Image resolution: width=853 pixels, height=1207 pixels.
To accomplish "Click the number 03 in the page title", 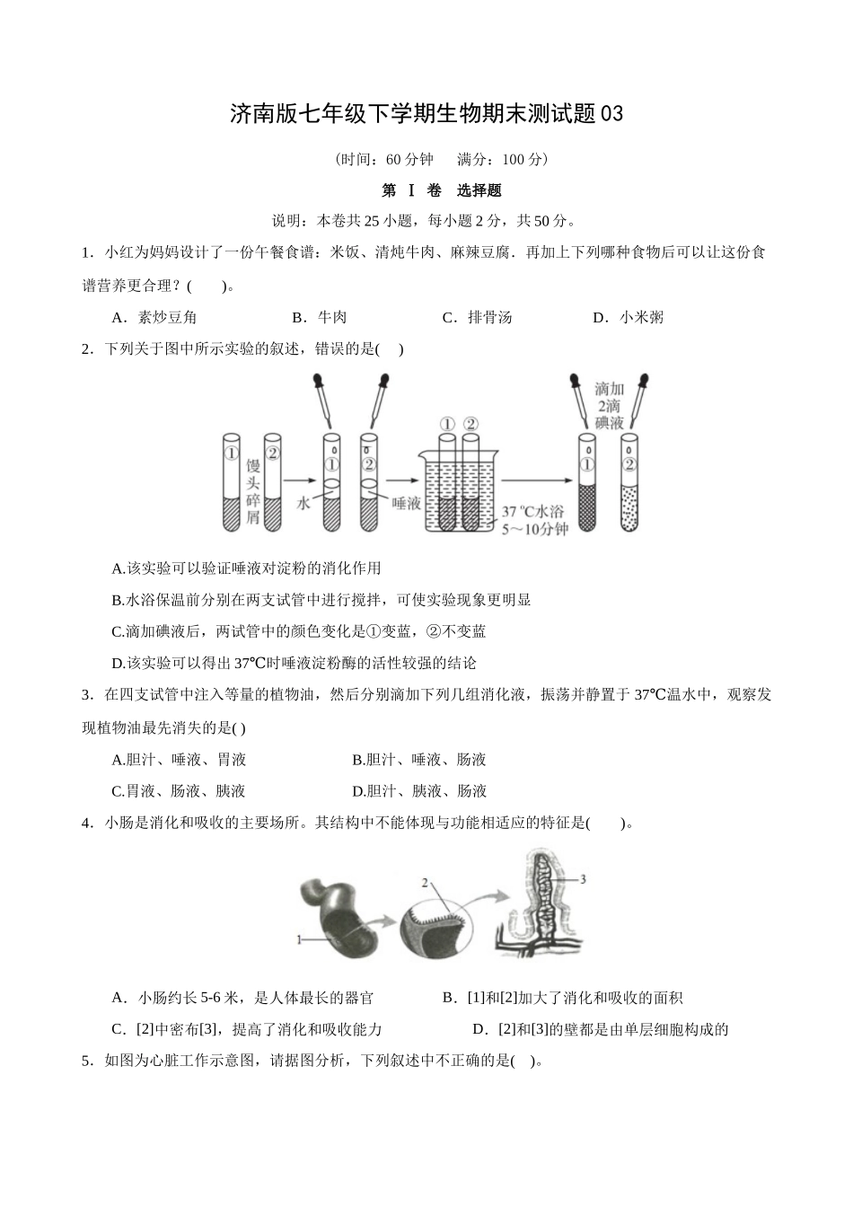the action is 611,114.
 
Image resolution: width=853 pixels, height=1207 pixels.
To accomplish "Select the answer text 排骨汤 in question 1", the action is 490,317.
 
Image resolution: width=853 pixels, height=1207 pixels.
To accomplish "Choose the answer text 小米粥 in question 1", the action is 641,317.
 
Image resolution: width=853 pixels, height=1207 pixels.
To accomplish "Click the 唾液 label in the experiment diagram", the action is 406,503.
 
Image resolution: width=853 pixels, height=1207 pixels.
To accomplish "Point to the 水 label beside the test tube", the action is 303,503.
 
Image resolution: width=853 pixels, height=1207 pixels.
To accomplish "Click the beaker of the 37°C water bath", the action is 458,489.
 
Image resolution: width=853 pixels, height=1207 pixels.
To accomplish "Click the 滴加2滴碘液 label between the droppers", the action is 609,406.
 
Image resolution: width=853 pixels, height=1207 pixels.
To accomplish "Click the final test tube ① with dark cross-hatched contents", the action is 587,482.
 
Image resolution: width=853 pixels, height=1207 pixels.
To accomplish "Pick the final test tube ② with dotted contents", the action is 629,482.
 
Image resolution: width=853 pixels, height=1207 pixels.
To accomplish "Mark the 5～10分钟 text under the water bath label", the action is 534,529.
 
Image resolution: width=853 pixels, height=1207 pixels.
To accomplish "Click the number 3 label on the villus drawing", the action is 583,879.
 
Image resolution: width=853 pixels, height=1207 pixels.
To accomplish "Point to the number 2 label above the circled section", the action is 425,883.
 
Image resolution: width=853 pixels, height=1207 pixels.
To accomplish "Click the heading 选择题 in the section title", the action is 479,190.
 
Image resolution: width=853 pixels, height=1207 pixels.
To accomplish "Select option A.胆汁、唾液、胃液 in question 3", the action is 179,760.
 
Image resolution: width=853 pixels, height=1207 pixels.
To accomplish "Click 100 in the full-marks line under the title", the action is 513,160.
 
